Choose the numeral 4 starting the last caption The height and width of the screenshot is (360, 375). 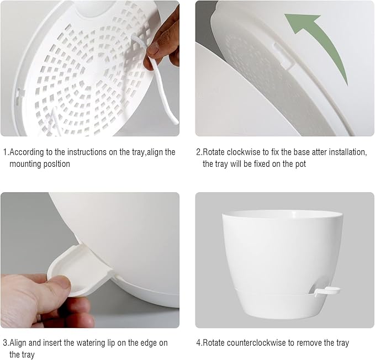point(199,343)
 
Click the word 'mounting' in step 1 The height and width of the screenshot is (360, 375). point(26,164)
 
